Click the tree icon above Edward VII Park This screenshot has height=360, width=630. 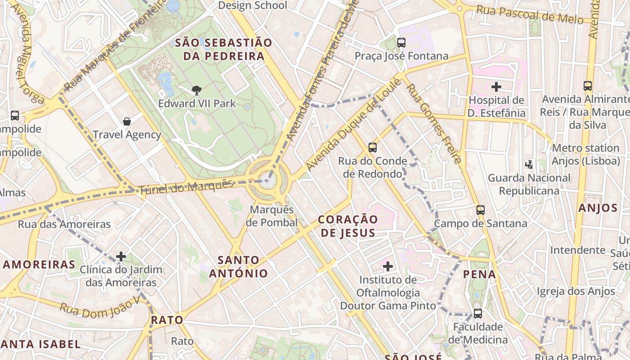pyautogui.click(x=196, y=90)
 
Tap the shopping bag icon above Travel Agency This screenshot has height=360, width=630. pyautogui.click(x=127, y=121)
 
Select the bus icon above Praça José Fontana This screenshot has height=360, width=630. pyautogui.click(x=401, y=43)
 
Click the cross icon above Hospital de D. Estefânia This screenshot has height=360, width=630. pyautogui.click(x=496, y=86)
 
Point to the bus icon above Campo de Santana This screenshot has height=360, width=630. pyautogui.click(x=481, y=210)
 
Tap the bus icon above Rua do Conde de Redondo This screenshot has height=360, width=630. pyautogui.click(x=373, y=148)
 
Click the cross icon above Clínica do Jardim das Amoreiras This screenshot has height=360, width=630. pyautogui.click(x=121, y=256)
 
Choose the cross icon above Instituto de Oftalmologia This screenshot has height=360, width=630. pyautogui.click(x=388, y=266)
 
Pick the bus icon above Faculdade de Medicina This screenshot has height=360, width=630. pyautogui.click(x=478, y=313)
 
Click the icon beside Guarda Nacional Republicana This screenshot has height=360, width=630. pyautogui.click(x=529, y=164)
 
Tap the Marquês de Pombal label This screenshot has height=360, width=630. pyautogui.click(x=273, y=216)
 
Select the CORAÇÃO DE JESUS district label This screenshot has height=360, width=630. pyautogui.click(x=348, y=226)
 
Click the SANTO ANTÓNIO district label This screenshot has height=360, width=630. pyautogui.click(x=238, y=266)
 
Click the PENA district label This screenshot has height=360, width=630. pyautogui.click(x=479, y=274)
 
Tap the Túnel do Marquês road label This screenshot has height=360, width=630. pyautogui.click(x=186, y=187)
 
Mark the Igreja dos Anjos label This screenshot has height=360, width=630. pyautogui.click(x=576, y=292)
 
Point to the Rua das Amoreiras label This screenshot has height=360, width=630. pyautogui.click(x=64, y=224)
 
